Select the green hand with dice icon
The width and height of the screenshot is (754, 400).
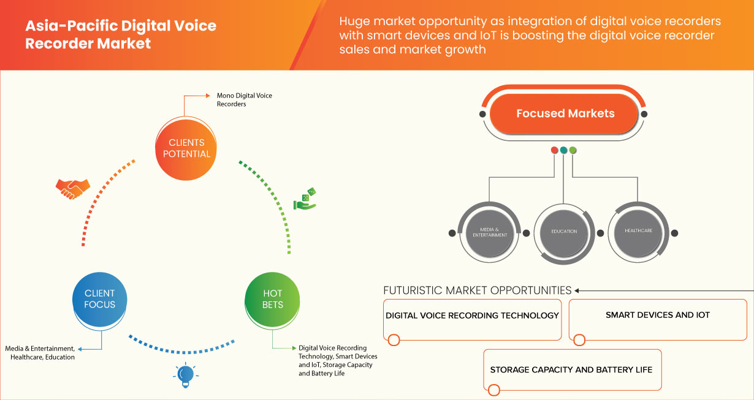pos(305,200)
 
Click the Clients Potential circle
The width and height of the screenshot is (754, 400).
pos(186,148)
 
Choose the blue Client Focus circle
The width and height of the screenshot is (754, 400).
pos(99,299)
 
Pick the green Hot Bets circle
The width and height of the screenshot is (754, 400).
pos(273,299)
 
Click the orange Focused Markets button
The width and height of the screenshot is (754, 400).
pos(565,113)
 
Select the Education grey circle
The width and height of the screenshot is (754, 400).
pos(564,232)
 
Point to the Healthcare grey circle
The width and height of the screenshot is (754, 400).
pos(638,231)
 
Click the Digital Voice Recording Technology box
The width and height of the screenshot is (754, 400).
pos(472,319)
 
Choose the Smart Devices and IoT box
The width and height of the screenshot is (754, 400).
pos(658,319)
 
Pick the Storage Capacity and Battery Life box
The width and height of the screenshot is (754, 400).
pos(571,369)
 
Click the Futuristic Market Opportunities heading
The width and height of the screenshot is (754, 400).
pos(478,290)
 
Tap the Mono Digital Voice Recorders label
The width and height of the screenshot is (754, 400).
pos(244,100)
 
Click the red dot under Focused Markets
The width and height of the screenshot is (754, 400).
pos(555,149)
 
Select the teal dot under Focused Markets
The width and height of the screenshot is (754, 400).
pos(564,149)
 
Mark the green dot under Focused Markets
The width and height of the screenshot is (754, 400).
pos(573,149)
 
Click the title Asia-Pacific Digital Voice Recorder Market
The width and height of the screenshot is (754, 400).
pos(121,35)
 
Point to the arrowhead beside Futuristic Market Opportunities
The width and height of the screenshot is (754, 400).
pos(578,290)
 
